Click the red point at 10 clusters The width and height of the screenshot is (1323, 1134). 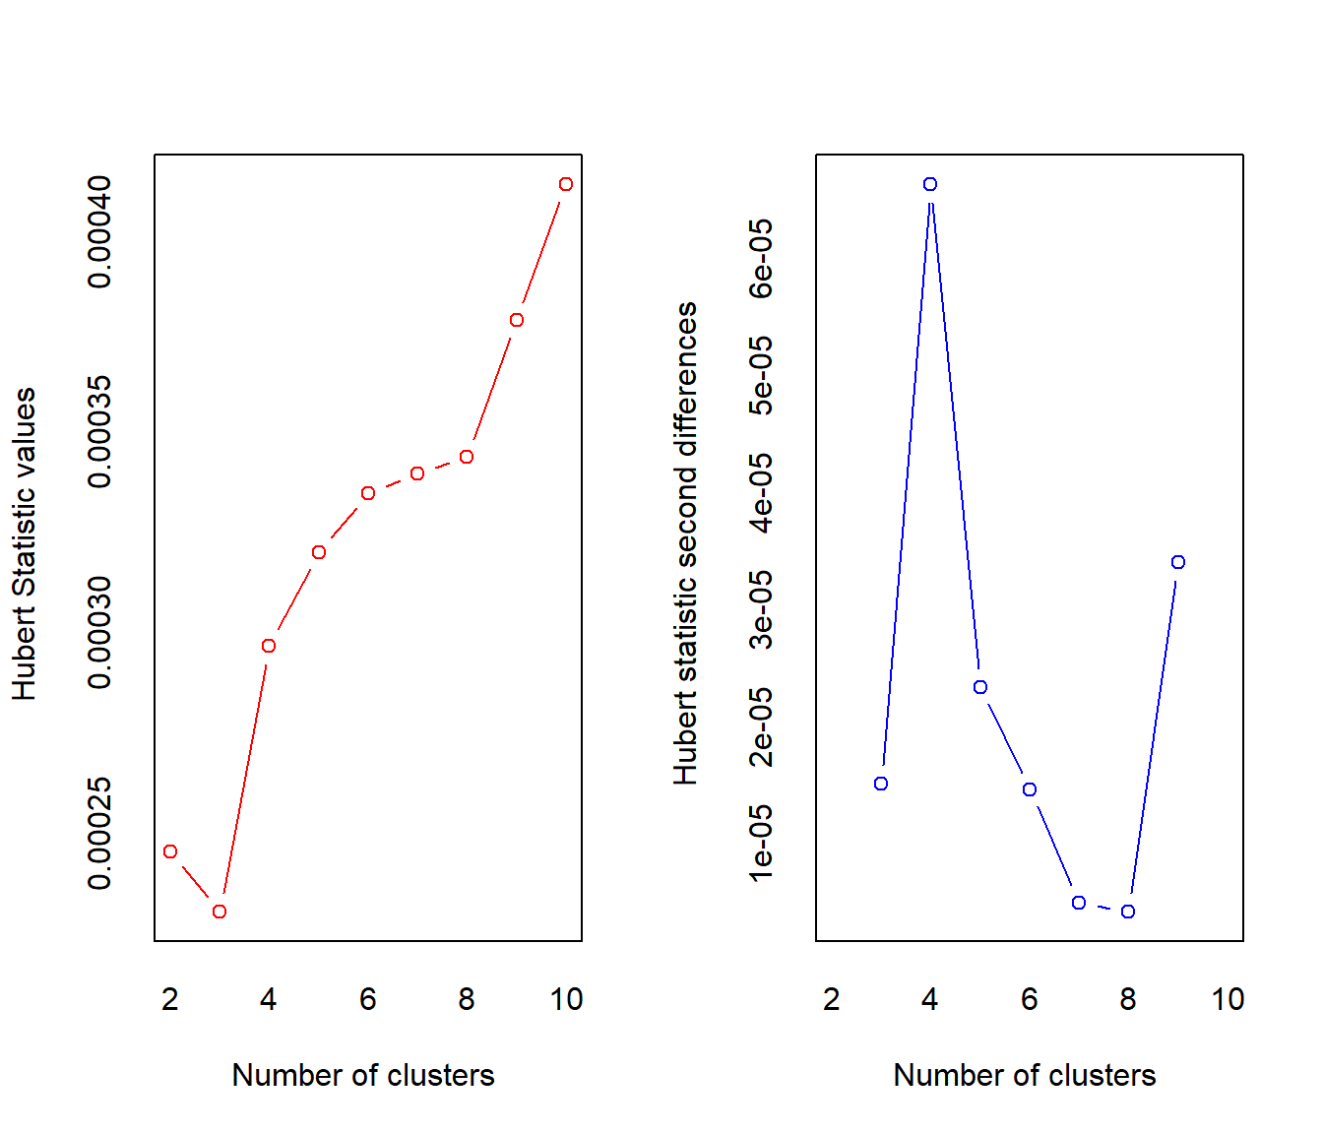(x=566, y=184)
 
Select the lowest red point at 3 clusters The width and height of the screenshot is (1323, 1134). (x=220, y=912)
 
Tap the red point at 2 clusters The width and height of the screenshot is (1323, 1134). (x=170, y=851)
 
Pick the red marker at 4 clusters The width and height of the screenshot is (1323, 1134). (x=269, y=646)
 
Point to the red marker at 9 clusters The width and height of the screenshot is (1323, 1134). (x=517, y=320)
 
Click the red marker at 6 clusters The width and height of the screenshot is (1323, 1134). (x=368, y=493)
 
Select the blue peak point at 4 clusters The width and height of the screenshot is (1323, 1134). (x=930, y=184)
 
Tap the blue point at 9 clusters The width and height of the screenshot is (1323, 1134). (x=1178, y=562)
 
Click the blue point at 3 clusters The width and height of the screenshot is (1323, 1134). (x=881, y=784)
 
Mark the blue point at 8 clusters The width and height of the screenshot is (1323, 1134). (x=1129, y=912)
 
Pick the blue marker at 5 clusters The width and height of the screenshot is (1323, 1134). (x=980, y=687)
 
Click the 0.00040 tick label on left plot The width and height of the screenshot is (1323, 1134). (x=99, y=231)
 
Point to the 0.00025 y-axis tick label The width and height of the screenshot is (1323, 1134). (x=99, y=833)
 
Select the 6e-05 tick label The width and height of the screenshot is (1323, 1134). (x=761, y=258)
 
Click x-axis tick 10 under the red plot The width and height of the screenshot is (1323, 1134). (x=566, y=999)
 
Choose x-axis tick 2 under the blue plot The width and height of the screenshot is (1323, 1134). (x=832, y=999)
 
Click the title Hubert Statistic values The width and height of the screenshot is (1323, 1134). (x=24, y=543)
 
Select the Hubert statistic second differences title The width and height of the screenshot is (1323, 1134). (x=685, y=543)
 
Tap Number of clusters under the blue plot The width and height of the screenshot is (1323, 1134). (x=1024, y=1075)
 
